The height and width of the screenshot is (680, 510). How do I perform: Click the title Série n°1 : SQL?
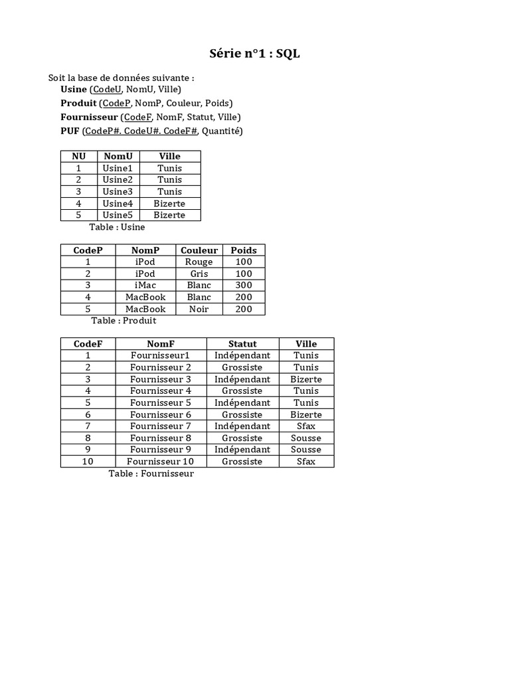[x=255, y=54]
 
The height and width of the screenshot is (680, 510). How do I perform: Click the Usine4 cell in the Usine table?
[x=118, y=203]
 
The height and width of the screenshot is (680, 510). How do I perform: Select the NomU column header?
[x=118, y=156]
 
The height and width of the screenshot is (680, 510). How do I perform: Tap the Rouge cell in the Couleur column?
[x=199, y=262]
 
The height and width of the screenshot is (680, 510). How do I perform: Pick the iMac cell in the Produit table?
[x=145, y=286]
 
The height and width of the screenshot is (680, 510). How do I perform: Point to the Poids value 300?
[x=244, y=286]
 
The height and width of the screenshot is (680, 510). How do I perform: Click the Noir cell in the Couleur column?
[x=199, y=309]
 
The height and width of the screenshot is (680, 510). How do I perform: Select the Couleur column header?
[x=199, y=250]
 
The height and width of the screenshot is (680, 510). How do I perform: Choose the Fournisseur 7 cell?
[x=161, y=426]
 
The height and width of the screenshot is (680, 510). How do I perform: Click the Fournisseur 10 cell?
[x=161, y=462]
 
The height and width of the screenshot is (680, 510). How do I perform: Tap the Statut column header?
[x=242, y=344]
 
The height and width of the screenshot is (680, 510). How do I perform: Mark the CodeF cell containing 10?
[x=88, y=462]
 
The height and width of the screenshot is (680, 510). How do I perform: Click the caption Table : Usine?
[x=117, y=227]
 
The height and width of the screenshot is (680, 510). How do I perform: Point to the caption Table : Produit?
[x=124, y=320]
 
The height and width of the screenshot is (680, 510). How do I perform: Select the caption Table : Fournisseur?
[x=151, y=473]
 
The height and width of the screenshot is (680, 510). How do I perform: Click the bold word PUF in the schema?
[x=70, y=131]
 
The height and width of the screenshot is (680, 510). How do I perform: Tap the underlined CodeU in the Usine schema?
[x=107, y=89]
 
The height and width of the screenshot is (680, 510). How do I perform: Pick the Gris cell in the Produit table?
[x=199, y=274]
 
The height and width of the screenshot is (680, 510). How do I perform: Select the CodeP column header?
[x=88, y=250]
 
